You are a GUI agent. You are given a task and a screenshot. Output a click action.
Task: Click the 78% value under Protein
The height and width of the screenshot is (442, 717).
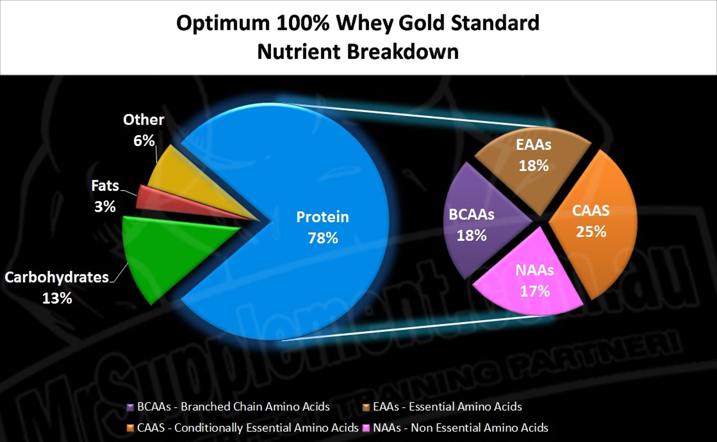click(323, 238)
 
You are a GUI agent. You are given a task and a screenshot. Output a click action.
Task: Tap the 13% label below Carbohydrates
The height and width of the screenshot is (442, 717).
click(57, 298)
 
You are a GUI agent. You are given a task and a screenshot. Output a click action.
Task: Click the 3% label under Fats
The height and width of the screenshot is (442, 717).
click(105, 206)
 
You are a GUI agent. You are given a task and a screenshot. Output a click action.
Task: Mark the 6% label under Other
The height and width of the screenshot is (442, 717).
click(144, 141)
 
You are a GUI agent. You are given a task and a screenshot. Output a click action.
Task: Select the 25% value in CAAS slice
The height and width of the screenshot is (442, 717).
click(591, 232)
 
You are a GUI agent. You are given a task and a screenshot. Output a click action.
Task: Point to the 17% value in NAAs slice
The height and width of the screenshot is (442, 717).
click(535, 291)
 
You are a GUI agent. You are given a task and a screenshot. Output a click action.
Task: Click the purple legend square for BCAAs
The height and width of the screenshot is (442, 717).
click(130, 407)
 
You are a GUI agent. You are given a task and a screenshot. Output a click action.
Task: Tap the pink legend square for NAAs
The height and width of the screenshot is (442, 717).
click(366, 428)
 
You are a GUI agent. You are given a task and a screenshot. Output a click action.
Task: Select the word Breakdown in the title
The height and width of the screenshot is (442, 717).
click(403, 52)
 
